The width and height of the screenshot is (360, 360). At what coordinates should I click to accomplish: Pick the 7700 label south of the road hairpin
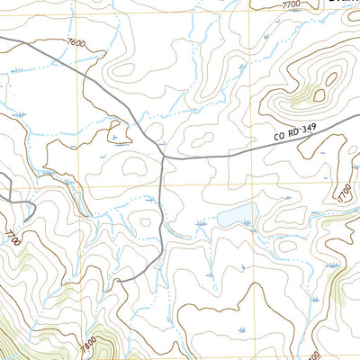pos(12,238)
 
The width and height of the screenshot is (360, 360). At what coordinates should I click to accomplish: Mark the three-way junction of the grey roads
pos(164,157)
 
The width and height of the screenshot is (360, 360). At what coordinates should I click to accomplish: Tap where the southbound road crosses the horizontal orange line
pos(161,186)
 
